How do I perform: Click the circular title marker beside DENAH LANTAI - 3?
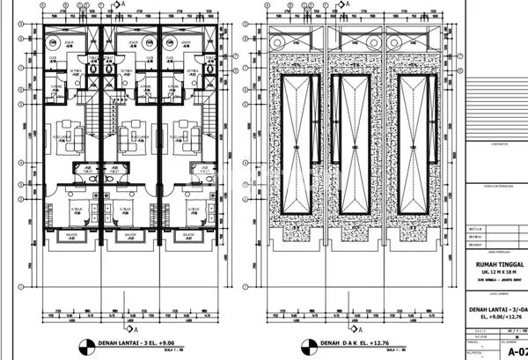(86, 344)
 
